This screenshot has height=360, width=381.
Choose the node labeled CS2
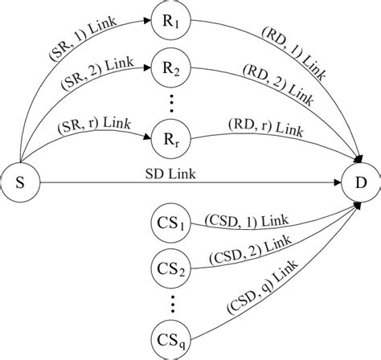[169, 271]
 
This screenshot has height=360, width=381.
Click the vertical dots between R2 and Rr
[169, 102]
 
